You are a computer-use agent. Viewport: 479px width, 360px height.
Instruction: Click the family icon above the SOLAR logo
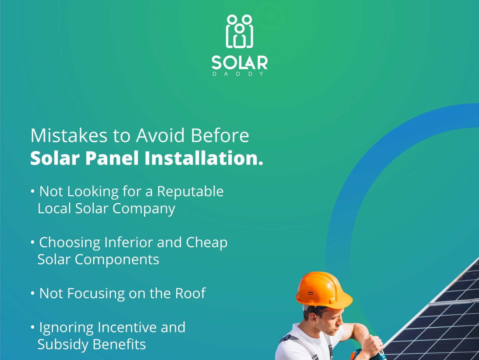[x=239, y=31]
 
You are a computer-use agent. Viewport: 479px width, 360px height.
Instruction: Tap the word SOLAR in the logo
[x=239, y=63]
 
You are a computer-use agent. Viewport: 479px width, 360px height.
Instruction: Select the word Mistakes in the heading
[x=69, y=136]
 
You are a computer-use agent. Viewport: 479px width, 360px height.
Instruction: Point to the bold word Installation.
[x=203, y=158]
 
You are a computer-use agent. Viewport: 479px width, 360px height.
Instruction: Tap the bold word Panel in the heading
[x=112, y=158]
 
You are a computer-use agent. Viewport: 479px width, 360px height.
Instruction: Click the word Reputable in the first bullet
[x=190, y=191]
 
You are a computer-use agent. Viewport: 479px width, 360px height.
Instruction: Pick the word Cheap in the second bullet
[x=207, y=243]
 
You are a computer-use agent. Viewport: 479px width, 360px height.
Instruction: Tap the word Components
[x=117, y=259]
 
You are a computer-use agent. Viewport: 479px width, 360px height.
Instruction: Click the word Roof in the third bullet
[x=190, y=293]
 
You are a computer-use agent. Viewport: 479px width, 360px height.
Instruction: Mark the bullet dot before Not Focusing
[x=33, y=293]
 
